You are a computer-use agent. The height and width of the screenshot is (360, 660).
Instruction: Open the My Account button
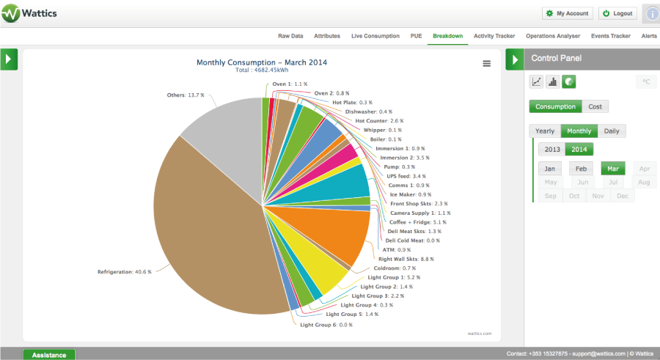pyautogui.click(x=568, y=13)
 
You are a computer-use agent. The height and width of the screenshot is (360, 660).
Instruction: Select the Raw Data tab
pyautogui.click(x=290, y=36)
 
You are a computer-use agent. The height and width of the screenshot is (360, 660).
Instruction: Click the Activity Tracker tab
pyautogui.click(x=494, y=36)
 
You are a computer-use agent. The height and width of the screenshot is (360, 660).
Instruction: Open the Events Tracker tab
pyautogui.click(x=610, y=36)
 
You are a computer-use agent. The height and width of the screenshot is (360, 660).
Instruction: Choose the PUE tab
pyautogui.click(x=416, y=36)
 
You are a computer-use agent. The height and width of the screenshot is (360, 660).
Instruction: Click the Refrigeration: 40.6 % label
pyautogui.click(x=124, y=272)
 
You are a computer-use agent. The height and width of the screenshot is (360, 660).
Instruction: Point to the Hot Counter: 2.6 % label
pyautogui.click(x=379, y=120)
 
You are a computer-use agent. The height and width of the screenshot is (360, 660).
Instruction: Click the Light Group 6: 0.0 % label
pyautogui.click(x=326, y=324)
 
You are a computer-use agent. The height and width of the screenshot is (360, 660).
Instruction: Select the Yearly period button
pyautogui.click(x=545, y=131)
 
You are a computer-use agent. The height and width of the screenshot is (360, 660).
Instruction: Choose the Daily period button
pyautogui.click(x=611, y=131)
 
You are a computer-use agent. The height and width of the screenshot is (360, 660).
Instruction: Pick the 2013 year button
pyautogui.click(x=552, y=150)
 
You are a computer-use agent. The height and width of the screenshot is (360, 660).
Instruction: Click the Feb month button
pyautogui.click(x=582, y=168)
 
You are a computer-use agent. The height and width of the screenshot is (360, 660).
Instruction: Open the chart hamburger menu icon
pyautogui.click(x=486, y=64)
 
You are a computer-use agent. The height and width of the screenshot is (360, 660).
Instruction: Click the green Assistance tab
pyautogui.click(x=49, y=355)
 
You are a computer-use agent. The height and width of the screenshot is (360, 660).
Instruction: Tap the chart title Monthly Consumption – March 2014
pyautogui.click(x=262, y=62)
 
